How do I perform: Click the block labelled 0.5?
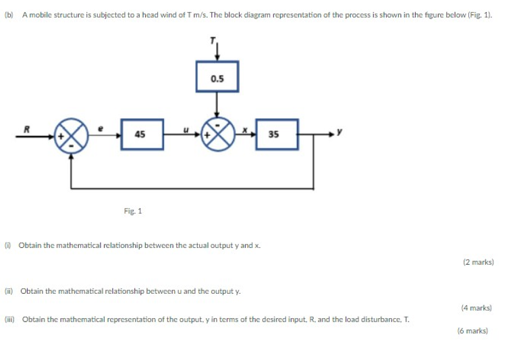click(217, 78)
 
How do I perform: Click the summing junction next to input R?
click(72, 134)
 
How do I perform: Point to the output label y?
click(339, 132)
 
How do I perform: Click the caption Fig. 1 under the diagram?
click(133, 211)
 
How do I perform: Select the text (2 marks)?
click(478, 262)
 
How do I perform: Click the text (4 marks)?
click(476, 308)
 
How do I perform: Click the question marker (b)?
click(9, 15)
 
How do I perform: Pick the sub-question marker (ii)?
click(9, 291)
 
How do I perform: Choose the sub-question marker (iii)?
click(10, 319)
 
